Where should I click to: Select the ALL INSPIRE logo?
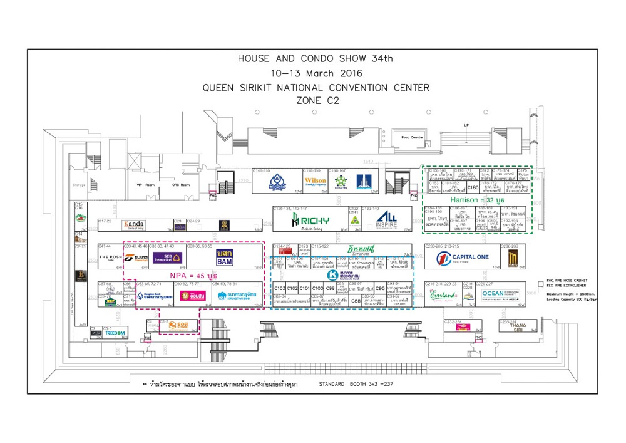click(386, 220)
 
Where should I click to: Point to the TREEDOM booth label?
click(116, 333)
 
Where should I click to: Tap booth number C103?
click(279, 288)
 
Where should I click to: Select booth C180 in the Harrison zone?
click(473, 187)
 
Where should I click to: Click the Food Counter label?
click(413, 137)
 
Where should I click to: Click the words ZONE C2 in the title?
click(316, 99)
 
